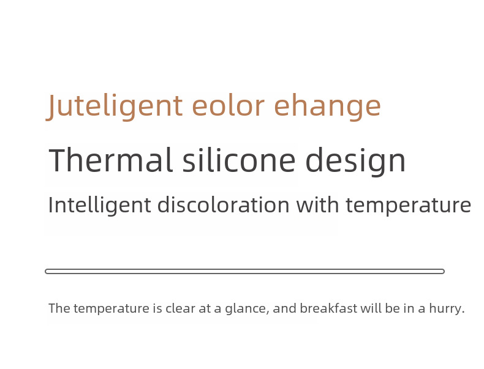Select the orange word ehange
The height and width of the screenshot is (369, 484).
tap(328, 106)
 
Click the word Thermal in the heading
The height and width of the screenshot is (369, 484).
tap(110, 160)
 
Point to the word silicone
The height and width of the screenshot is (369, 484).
tap(239, 160)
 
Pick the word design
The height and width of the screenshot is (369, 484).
tap(355, 162)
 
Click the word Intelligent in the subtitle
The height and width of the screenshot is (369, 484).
tap(100, 205)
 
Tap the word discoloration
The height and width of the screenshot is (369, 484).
tap(224, 204)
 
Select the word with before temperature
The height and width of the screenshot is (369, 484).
tap(317, 204)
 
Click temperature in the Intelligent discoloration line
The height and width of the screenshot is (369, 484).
tap(409, 206)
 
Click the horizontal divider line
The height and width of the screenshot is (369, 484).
tap(245, 271)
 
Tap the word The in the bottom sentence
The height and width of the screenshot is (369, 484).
tap(59, 308)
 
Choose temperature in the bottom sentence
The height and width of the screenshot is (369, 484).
tap(112, 309)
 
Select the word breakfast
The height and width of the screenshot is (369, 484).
tap(328, 308)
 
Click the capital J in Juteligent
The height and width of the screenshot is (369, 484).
tap(51, 106)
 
